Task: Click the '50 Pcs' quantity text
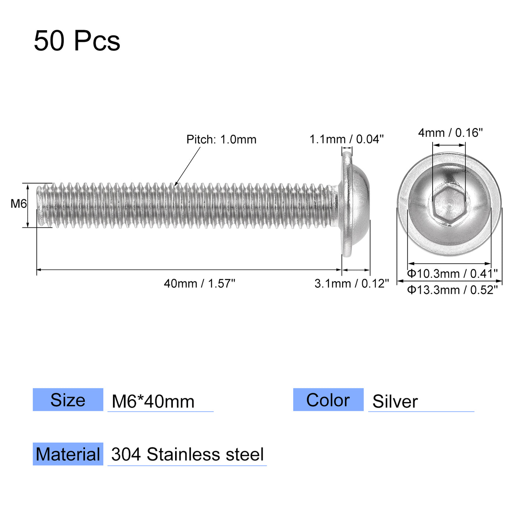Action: [x=77, y=40]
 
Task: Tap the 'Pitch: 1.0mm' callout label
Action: [x=221, y=139]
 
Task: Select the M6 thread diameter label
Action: [x=18, y=203]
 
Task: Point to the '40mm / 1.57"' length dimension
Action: [x=199, y=284]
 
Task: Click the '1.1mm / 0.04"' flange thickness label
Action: [x=346, y=139]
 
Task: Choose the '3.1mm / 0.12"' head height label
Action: [x=351, y=284]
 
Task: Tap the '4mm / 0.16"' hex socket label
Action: [x=450, y=133]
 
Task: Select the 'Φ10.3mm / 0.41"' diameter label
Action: [x=452, y=274]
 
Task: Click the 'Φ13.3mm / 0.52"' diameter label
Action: [x=452, y=290]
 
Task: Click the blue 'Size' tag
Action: [x=68, y=400]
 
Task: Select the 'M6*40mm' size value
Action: [x=153, y=401]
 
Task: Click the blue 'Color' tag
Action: [x=328, y=400]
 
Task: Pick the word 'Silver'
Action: [x=395, y=401]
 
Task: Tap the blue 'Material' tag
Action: [x=68, y=454]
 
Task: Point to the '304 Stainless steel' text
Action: [x=188, y=454]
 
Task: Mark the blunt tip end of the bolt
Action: [x=39, y=205]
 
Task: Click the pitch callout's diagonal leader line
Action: [x=188, y=166]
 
